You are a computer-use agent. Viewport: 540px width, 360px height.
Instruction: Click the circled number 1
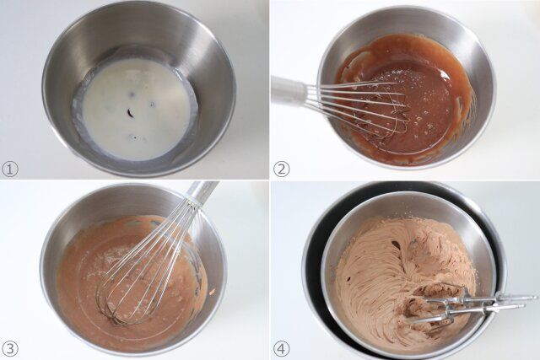click(x=11, y=168)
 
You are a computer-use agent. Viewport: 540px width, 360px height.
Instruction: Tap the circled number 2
click(x=282, y=168)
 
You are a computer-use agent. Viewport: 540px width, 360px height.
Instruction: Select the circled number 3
click(x=11, y=348)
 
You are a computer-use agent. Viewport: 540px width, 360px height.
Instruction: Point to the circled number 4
click(x=282, y=348)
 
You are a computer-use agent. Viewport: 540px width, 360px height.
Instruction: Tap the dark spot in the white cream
click(x=132, y=114)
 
